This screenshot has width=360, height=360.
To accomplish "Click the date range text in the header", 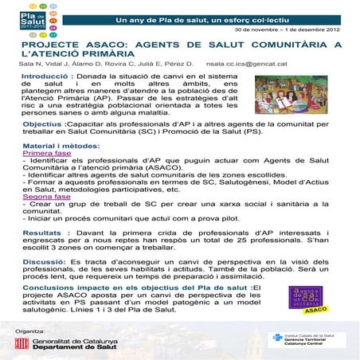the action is pyautogui.click(x=294, y=29).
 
